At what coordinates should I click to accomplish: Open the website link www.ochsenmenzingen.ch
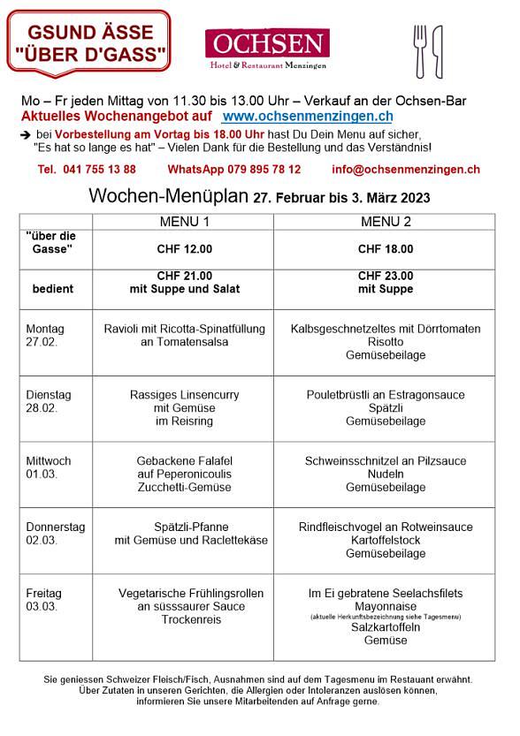coord(307,117)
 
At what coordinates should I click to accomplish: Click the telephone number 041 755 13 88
coord(87,169)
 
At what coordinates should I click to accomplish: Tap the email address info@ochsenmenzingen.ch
coord(406,169)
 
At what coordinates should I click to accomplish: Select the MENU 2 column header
coord(386,222)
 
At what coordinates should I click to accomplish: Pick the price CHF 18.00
coord(386,249)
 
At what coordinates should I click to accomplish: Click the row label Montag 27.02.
coord(45,335)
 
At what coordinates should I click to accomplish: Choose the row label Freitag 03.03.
coord(45,600)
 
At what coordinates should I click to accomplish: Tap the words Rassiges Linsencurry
coord(184,395)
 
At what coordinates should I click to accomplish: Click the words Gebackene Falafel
coord(184,461)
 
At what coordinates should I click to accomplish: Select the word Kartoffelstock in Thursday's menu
coord(386,540)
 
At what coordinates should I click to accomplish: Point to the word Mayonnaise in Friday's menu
coord(386,607)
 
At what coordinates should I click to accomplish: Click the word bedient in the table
coord(53,289)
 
